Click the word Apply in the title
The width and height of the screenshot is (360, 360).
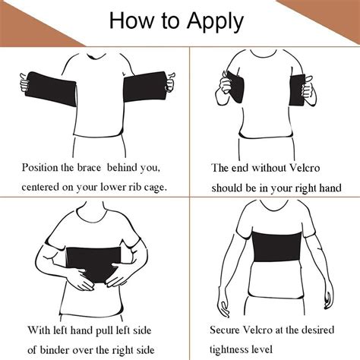tap(215, 22)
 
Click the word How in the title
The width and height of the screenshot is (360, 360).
tap(131, 20)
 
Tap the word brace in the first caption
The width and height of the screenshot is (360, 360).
tap(89, 168)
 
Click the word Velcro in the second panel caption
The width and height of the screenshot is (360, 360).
tap(305, 168)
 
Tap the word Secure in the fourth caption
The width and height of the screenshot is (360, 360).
tap(225, 330)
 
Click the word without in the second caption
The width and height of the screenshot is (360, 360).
tap(269, 168)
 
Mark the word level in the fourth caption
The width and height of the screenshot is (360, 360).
tap(262, 349)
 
